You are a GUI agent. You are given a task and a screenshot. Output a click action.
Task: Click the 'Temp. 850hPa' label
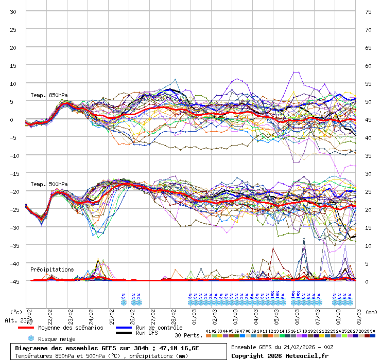[49, 95]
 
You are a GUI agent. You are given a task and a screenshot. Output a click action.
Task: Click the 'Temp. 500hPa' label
[49, 184]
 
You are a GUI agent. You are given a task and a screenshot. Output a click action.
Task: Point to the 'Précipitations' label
[52, 269]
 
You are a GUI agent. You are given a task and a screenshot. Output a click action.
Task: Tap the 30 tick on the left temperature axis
[13, 11]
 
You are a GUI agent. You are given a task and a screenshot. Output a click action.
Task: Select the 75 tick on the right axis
[368, 11]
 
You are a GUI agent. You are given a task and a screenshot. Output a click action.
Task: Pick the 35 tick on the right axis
[368, 155]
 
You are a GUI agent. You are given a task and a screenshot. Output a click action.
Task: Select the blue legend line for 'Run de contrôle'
[124, 328]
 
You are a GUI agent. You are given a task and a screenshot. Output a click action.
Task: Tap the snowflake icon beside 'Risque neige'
[31, 339]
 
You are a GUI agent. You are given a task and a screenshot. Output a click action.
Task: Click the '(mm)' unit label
[372, 312]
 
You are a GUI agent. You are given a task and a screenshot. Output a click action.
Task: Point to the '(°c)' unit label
[16, 312]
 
